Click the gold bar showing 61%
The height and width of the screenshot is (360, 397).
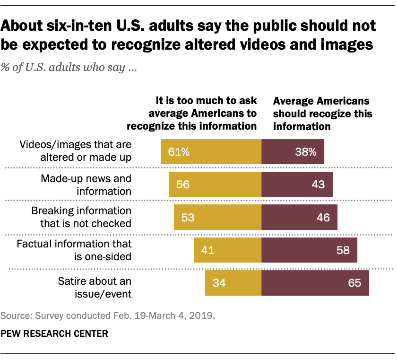(211, 152)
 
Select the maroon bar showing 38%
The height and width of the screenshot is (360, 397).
(293, 152)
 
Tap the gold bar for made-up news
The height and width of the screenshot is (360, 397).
(215, 184)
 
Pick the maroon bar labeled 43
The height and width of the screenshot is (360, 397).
(297, 184)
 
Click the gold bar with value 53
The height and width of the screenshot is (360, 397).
(217, 217)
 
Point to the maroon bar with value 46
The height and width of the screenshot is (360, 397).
(299, 217)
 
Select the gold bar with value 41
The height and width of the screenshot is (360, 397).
(227, 250)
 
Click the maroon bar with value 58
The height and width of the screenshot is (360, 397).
(309, 250)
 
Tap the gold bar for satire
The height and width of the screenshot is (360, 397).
(233, 283)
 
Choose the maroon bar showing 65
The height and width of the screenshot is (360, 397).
(315, 283)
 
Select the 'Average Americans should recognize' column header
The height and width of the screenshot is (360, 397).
(323, 114)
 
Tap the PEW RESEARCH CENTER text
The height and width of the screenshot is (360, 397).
(54, 334)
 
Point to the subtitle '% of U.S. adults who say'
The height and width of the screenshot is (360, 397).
(69, 68)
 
